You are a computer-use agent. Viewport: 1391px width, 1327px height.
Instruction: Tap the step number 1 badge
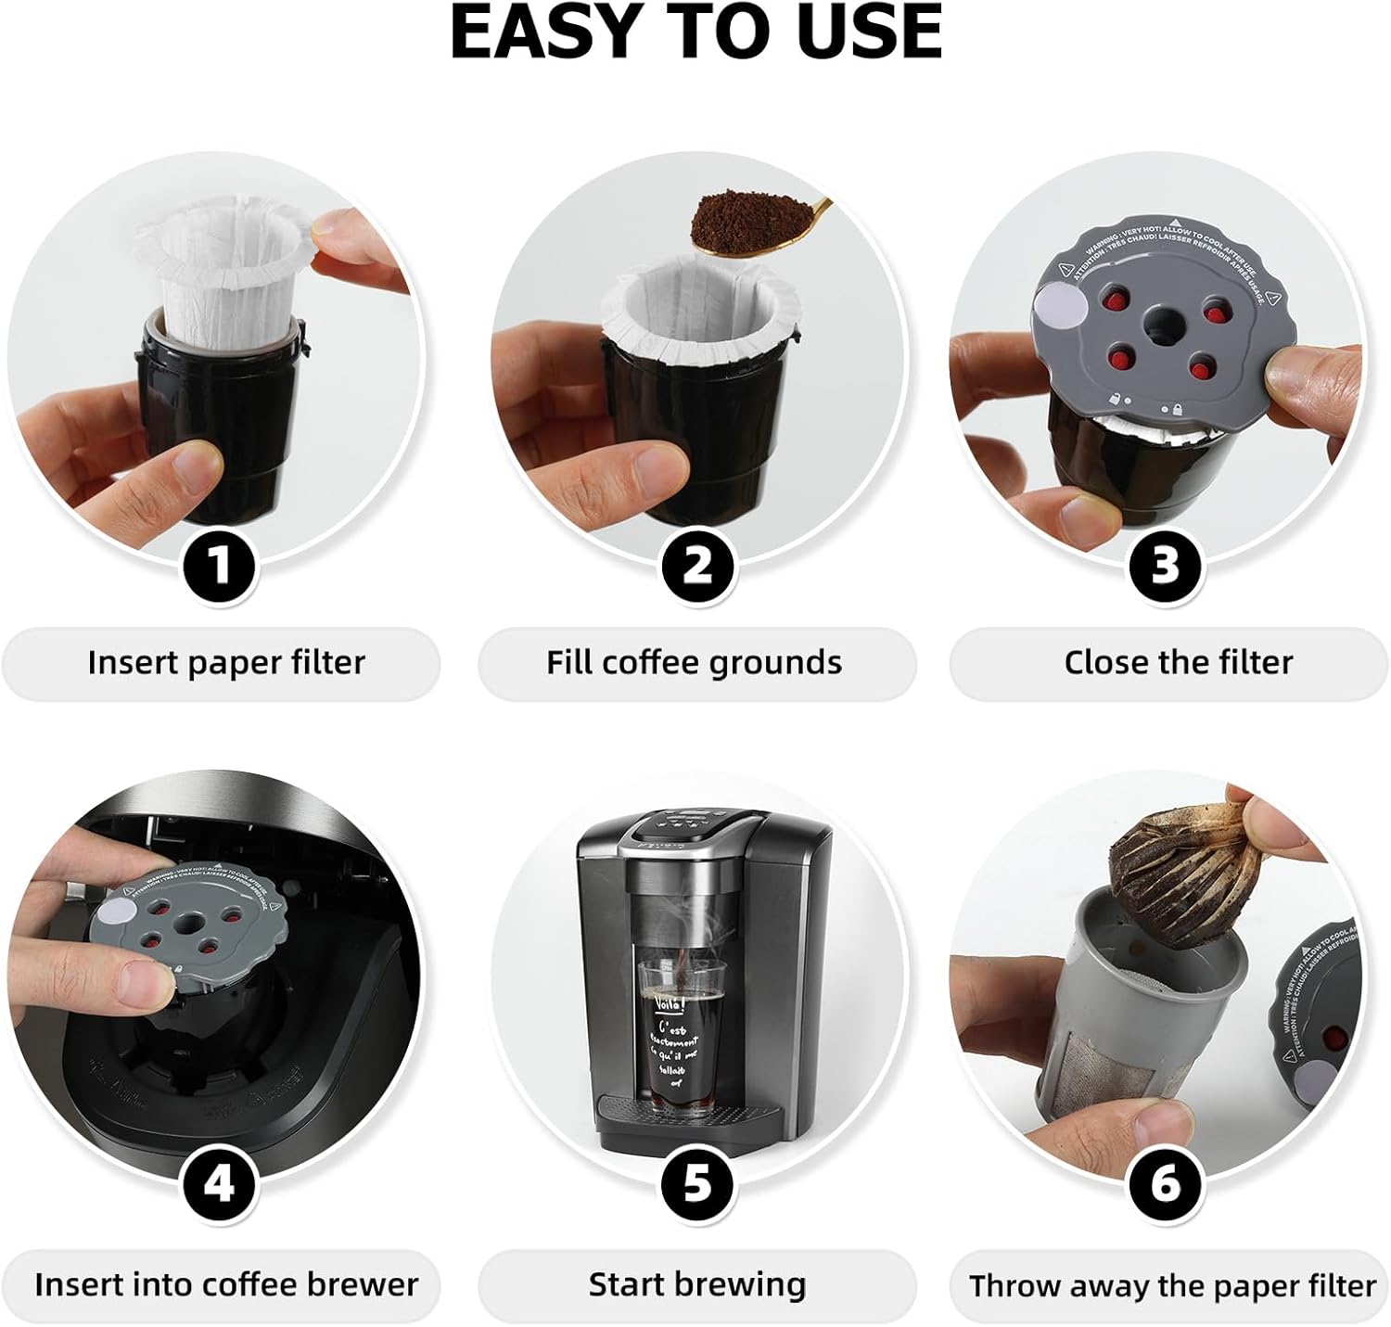tap(219, 565)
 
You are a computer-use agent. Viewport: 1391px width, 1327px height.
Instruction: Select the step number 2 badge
tap(697, 565)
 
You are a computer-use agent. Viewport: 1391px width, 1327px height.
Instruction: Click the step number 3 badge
tap(1165, 565)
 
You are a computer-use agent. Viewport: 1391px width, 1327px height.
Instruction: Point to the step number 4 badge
tap(219, 1186)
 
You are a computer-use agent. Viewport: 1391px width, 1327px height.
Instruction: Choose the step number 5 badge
tap(697, 1186)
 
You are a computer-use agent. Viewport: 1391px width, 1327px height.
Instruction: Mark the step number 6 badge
tap(1165, 1186)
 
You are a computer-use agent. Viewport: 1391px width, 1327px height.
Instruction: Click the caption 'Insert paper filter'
tap(226, 663)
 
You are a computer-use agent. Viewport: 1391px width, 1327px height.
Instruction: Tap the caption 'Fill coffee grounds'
tap(695, 663)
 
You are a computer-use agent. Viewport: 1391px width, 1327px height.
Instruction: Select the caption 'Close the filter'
tap(1178, 663)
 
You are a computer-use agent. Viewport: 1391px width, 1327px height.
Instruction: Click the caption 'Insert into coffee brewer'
tap(226, 1285)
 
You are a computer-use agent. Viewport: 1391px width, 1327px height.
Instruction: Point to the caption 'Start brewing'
tap(697, 1285)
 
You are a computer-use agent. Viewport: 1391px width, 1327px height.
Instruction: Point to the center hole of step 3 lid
tap(1157, 325)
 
